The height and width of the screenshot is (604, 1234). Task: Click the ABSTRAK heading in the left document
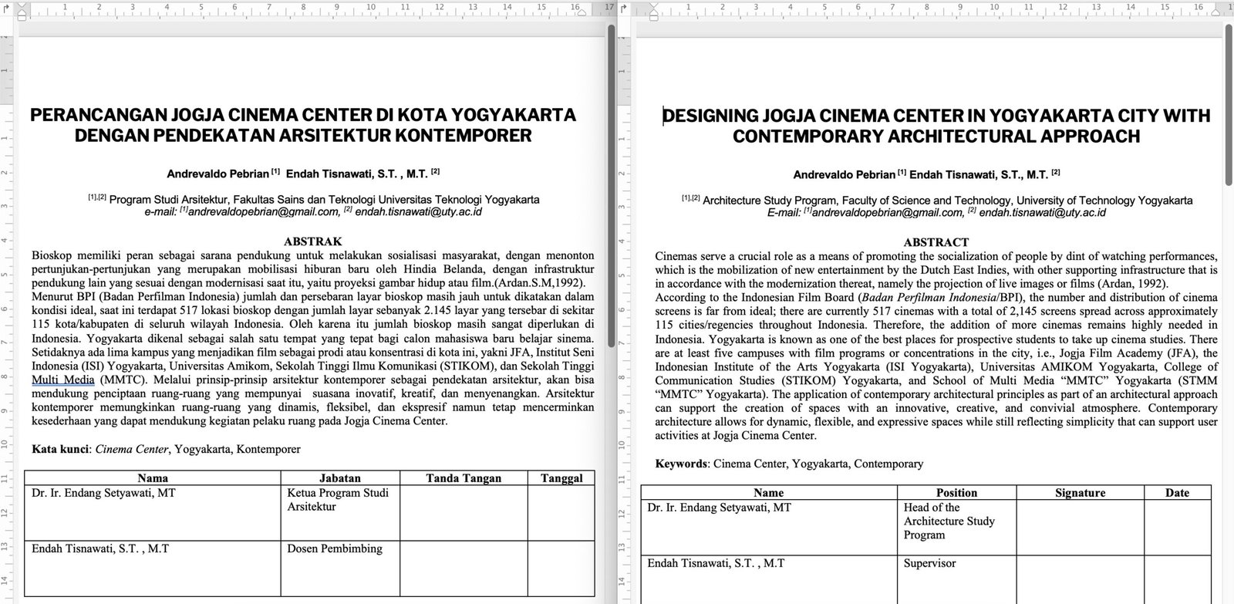click(x=312, y=241)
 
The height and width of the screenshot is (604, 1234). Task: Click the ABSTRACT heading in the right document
click(x=936, y=241)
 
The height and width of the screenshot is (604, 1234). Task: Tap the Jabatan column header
click(x=339, y=478)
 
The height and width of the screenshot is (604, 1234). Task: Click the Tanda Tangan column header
click(x=464, y=478)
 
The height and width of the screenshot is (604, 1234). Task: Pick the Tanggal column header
click(x=561, y=478)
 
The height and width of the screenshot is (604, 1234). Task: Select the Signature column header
click(x=1079, y=493)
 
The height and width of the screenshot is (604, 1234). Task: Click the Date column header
click(x=1177, y=493)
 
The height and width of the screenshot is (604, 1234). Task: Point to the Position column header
click(x=956, y=493)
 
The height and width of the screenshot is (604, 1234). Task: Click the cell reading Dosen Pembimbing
click(x=335, y=548)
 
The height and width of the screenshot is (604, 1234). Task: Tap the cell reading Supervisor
click(x=929, y=563)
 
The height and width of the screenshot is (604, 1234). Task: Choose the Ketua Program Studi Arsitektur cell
click(x=338, y=500)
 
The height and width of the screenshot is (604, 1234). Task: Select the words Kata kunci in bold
click(x=61, y=449)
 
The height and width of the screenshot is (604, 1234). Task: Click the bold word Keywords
click(x=681, y=464)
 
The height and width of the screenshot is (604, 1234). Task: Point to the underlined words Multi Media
click(x=63, y=380)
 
